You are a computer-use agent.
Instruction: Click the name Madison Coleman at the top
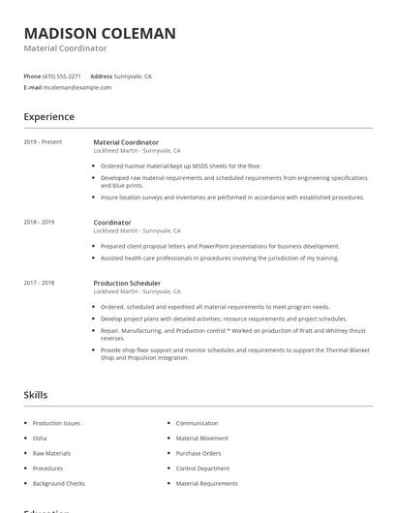(x=100, y=33)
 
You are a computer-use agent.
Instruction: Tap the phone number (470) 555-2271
(x=63, y=75)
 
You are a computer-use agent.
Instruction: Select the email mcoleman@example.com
(x=77, y=87)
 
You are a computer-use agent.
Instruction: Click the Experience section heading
(x=48, y=117)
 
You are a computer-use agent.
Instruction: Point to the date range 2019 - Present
(x=43, y=142)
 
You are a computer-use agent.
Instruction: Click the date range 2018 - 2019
(x=39, y=222)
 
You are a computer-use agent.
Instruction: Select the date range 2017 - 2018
(x=39, y=283)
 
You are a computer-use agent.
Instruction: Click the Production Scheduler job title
(x=127, y=283)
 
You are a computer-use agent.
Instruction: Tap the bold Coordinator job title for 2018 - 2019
(x=112, y=222)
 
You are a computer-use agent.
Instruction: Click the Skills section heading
(x=36, y=395)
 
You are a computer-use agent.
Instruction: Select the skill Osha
(x=41, y=438)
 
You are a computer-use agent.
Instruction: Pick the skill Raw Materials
(x=51, y=453)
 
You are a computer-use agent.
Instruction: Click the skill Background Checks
(x=58, y=483)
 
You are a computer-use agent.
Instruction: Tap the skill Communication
(x=197, y=423)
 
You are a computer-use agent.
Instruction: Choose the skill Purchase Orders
(x=198, y=453)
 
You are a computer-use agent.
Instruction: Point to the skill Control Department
(x=202, y=468)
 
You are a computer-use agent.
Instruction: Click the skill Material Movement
(x=202, y=438)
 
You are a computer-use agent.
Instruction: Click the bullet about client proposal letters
(x=220, y=246)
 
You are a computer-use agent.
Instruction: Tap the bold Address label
(x=101, y=75)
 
